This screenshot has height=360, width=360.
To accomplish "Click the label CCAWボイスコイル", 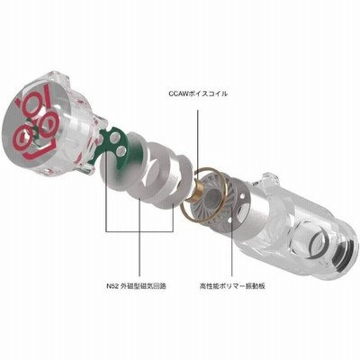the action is tap(198, 94).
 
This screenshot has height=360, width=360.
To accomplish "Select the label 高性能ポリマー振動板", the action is tap(232, 286).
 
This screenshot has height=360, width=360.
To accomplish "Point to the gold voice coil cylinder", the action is tap(192, 191).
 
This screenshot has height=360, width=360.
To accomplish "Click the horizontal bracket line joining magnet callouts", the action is tap(139, 231).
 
